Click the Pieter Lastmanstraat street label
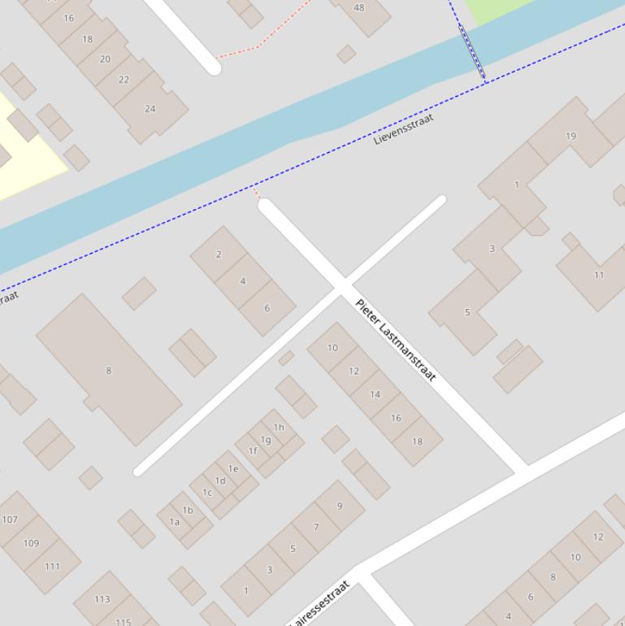[x=396, y=340]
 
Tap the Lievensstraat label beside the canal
[x=403, y=129]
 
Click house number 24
[x=150, y=109]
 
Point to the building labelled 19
[x=571, y=136]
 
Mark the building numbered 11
[x=598, y=275]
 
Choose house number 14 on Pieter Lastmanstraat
[x=375, y=394]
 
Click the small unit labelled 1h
[x=279, y=428]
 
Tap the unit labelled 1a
[x=175, y=522]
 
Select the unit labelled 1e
[x=233, y=469]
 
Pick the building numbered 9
[x=339, y=506]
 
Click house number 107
[x=10, y=519]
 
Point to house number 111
[x=52, y=566]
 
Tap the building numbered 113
[x=102, y=599]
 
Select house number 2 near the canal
[x=219, y=254]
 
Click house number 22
[x=124, y=80]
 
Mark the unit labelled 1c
[x=207, y=492]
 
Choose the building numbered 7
[x=316, y=527]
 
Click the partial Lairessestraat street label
[x=322, y=603]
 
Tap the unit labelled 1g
[x=266, y=440]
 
